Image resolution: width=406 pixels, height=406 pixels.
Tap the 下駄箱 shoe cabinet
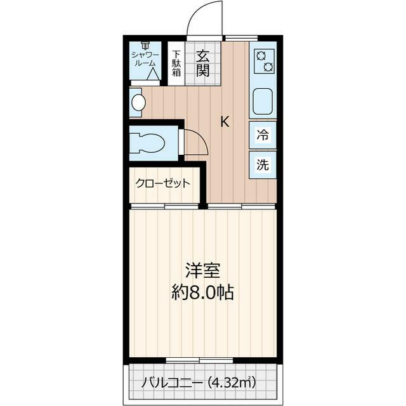point(176,63)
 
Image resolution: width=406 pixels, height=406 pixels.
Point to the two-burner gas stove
point(263,62)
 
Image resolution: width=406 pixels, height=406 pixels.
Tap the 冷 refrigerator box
point(263,134)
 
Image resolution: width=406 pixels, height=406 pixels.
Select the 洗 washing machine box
point(263,165)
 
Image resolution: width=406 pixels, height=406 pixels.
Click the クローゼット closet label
point(162,184)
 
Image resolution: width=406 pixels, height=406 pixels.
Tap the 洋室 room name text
point(202,271)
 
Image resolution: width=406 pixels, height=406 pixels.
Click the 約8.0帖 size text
point(202,292)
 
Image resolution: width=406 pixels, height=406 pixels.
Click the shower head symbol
point(145,45)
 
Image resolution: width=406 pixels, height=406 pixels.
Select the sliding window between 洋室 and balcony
point(190,360)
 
